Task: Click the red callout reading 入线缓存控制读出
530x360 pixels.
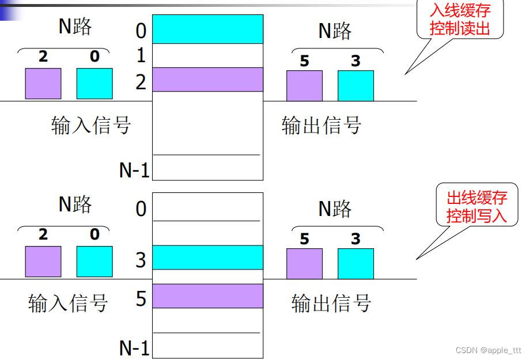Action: coord(460,20)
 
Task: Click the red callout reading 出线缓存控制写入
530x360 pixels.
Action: coord(476,207)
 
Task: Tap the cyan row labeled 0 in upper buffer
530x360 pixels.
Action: coord(207,29)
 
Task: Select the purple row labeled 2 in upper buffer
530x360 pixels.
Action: coord(207,79)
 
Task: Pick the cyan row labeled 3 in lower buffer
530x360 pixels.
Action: coord(207,257)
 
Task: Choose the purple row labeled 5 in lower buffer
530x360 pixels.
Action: coord(207,295)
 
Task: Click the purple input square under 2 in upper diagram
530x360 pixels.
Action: coord(43,84)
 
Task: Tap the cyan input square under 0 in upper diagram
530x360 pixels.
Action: coord(94,84)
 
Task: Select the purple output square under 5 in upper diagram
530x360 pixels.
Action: coord(304,86)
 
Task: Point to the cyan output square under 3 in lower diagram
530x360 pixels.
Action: coord(355,264)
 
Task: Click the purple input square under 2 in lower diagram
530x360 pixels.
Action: coord(43,262)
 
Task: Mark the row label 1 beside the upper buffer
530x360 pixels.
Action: coord(141,56)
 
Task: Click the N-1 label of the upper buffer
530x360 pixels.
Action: coord(134,170)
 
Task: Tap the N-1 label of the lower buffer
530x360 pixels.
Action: coord(134,348)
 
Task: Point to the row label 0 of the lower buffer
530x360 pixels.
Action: coord(141,209)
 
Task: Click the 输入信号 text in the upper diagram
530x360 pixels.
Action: coord(91,125)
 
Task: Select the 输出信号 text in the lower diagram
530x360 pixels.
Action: coord(331,303)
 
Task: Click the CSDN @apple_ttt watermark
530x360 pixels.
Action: coord(488,350)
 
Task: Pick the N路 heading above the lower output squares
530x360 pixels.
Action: coord(335,209)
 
